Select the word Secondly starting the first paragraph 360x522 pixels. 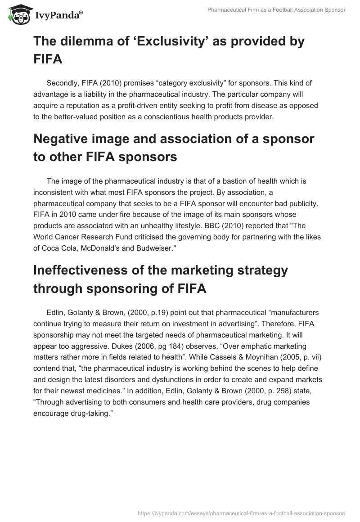[x=63, y=83]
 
